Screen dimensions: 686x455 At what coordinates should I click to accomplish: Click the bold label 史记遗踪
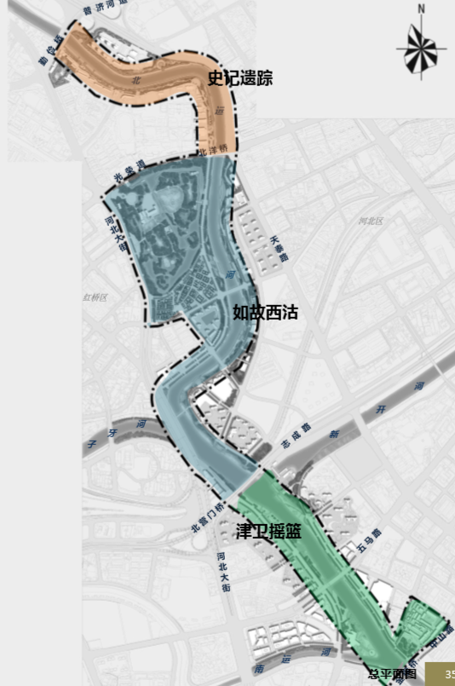[240, 80]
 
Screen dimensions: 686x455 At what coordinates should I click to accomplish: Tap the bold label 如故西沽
[265, 313]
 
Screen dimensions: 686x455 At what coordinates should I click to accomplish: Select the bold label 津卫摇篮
[268, 531]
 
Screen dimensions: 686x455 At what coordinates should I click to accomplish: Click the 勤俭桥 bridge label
[50, 52]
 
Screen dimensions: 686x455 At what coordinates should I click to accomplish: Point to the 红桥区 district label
[95, 297]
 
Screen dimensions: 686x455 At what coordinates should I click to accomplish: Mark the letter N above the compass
[420, 9]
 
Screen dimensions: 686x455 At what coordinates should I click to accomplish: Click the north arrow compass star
[419, 48]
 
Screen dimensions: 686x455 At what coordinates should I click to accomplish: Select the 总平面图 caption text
[392, 674]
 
